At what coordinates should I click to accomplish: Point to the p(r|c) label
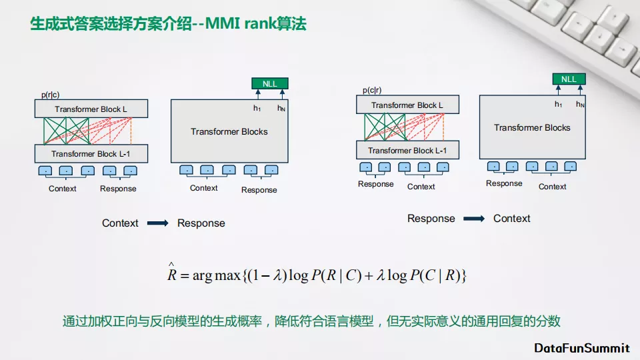50,95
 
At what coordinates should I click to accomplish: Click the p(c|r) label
372,90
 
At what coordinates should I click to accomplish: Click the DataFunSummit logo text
582,348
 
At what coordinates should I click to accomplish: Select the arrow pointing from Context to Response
158,223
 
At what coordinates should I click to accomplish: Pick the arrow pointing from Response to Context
474,219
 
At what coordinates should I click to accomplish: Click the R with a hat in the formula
172,274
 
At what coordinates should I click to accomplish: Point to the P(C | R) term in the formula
436,275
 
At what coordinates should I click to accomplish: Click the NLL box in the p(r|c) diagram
269,83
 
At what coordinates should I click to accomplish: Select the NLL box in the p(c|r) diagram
569,79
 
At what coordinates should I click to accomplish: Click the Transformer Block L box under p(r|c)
91,109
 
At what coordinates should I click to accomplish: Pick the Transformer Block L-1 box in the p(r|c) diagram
91,154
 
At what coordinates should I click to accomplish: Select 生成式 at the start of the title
51,24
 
